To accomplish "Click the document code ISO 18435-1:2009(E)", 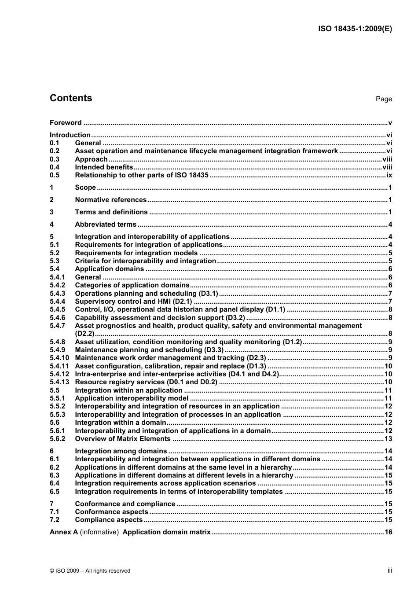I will tap(355, 29).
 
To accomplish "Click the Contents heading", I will tap(71, 98).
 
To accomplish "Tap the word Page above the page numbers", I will tap(384, 99).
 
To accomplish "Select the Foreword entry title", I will tap(66, 123).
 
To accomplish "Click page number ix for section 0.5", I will tap(389, 175).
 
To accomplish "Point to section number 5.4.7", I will tap(57, 326).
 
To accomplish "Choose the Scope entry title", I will tap(85, 188).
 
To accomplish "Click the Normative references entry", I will tap(111, 200).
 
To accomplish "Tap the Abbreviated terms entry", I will tap(106, 224).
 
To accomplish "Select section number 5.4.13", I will tap(59, 382).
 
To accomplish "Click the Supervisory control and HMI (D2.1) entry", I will tap(133, 302).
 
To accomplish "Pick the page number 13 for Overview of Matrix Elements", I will tap(388, 439).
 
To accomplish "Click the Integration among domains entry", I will tap(121, 451).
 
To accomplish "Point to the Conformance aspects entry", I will tap(111, 512).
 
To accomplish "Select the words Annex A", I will tap(64, 532).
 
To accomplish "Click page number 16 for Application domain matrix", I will tap(388, 532).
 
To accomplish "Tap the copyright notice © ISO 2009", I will tap(90, 571).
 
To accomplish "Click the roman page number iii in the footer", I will tap(390, 570).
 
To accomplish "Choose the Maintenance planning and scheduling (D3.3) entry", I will tap(149, 350).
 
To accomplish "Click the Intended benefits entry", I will tap(104, 167).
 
